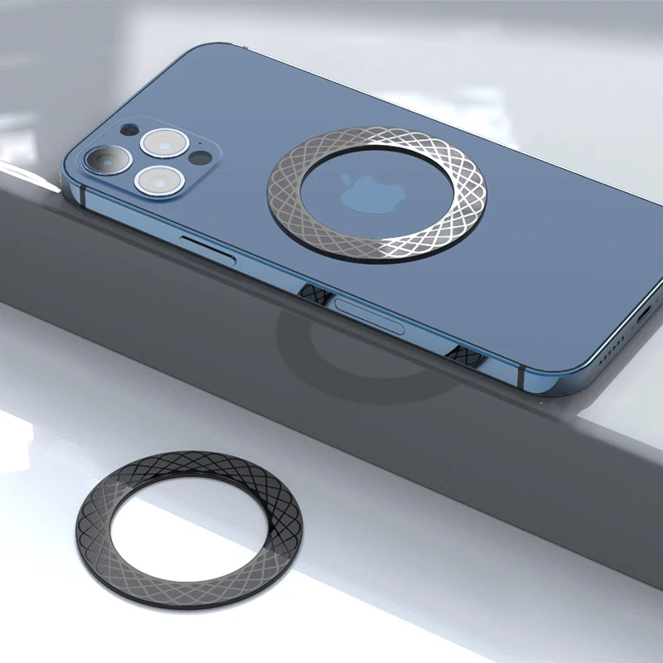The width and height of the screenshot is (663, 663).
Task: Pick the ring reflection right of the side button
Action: [465, 353]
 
